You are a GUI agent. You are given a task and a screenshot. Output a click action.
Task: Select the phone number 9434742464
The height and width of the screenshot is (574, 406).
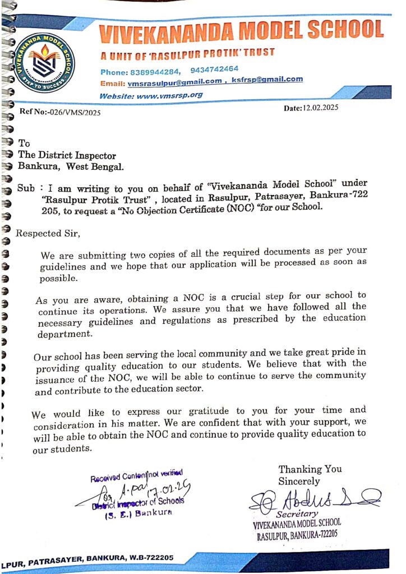[x=214, y=70]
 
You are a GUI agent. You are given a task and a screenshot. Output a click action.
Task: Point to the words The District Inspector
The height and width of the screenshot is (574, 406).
[x=67, y=155]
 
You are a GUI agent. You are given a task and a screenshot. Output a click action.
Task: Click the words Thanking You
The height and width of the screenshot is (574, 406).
[x=310, y=469]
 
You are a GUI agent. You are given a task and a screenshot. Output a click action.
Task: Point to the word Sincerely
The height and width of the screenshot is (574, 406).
[x=299, y=481]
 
